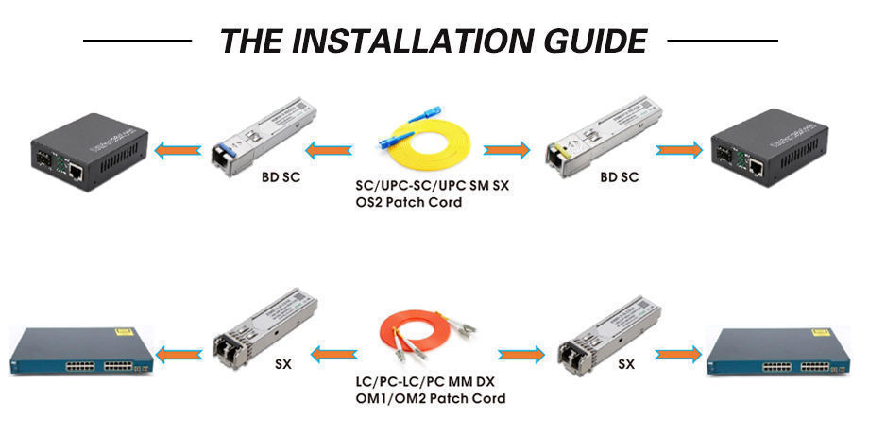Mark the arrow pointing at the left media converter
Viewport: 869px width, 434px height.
click(179, 148)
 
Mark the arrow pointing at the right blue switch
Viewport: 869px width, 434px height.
click(679, 354)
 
